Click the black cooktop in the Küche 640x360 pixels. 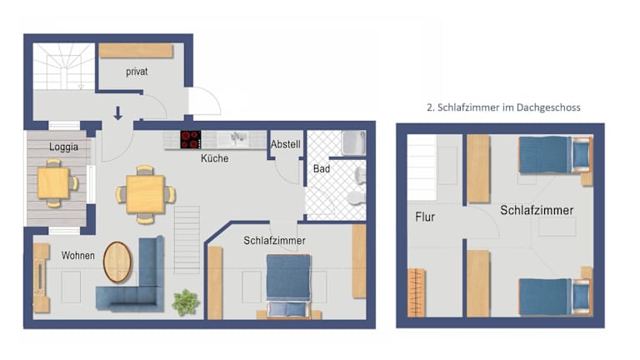pyautogui.click(x=191, y=139)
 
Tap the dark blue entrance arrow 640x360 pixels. pyautogui.click(x=118, y=113)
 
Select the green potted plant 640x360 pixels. pyautogui.click(x=186, y=302)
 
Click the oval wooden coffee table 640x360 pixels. pyautogui.click(x=117, y=262)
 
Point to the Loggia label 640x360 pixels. pyautogui.click(x=63, y=147)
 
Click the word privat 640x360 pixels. pyautogui.click(x=137, y=72)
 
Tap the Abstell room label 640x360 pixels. pyautogui.click(x=285, y=144)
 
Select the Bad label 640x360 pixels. pyautogui.click(x=322, y=168)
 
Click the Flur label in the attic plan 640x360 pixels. pyautogui.click(x=425, y=217)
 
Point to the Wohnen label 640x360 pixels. pyautogui.click(x=78, y=256)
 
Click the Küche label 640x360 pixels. pyautogui.click(x=214, y=158)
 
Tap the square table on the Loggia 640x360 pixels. pyautogui.click(x=53, y=183)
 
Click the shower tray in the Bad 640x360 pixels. pyautogui.click(x=353, y=142)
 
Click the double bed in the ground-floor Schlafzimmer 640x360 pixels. pyautogui.click(x=288, y=285)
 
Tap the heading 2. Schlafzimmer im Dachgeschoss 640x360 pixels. pyautogui.click(x=503, y=107)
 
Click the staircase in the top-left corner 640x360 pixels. pyautogui.click(x=63, y=66)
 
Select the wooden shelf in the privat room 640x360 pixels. pyautogui.click(x=136, y=51)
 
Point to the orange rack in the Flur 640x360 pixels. pyautogui.click(x=417, y=292)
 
